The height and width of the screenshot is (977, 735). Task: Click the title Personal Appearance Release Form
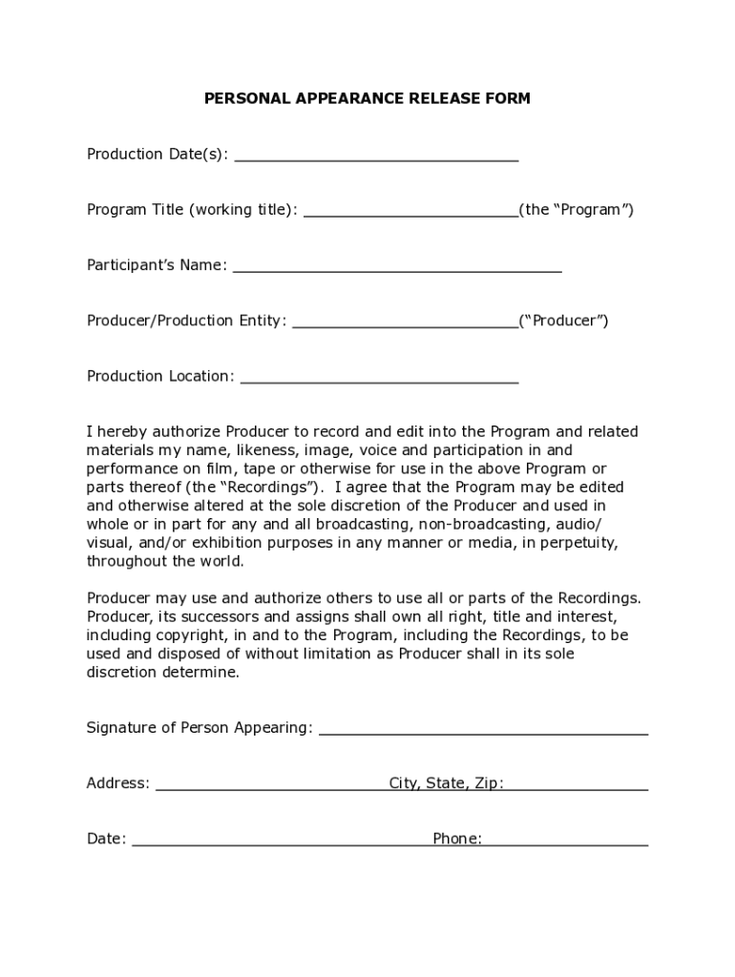(367, 98)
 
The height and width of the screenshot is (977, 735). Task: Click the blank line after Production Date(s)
(376, 156)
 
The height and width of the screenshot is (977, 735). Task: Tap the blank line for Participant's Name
(397, 267)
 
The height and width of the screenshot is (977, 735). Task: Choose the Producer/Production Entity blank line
(405, 322)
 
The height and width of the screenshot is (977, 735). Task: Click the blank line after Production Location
(379, 378)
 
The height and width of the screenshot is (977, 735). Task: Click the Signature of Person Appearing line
(483, 730)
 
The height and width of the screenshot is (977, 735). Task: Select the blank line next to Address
(271, 785)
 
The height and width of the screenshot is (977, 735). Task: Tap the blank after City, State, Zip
(577, 785)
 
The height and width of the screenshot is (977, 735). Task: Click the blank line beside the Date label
(281, 841)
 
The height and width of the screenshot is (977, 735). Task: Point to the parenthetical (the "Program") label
(577, 210)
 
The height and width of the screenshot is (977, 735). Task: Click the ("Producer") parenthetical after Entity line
(563, 321)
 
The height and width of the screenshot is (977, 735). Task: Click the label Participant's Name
(157, 265)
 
